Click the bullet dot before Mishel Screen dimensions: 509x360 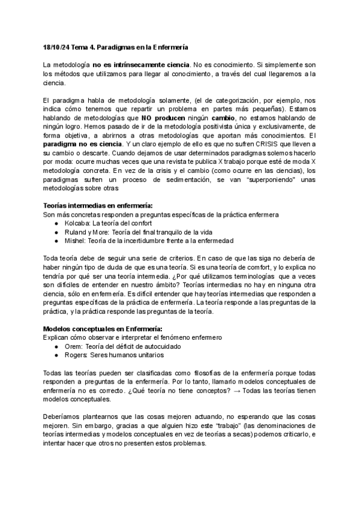[x=56, y=241]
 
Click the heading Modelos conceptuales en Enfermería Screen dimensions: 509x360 [x=103, y=330]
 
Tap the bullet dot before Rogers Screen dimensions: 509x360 [x=56, y=356]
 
